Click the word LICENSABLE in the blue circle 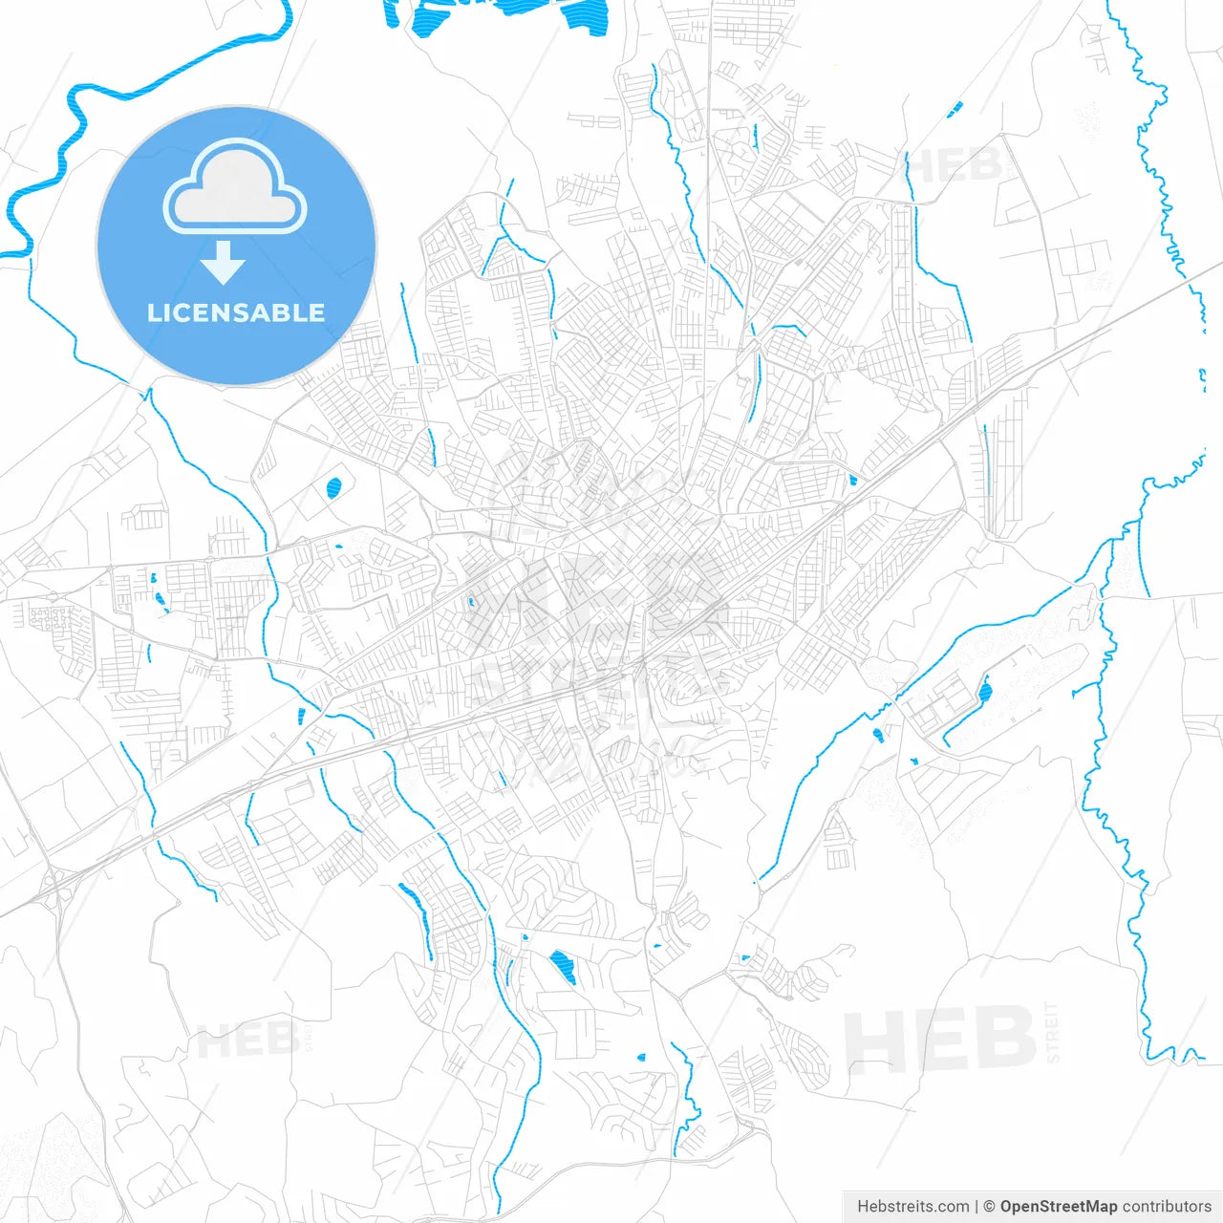tap(236, 312)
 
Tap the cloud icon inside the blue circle tap(234, 187)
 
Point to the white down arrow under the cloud tap(224, 263)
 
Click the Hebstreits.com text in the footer tap(912, 1207)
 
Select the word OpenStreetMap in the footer tap(1058, 1207)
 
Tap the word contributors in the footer tap(1167, 1207)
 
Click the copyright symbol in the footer tap(989, 1207)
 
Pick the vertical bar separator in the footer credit tap(976, 1207)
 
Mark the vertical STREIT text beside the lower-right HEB tap(1052, 1032)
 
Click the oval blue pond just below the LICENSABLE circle tap(333, 488)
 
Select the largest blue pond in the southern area tap(563, 967)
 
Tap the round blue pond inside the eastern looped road tap(984, 690)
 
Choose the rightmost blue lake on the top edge tap(585, 17)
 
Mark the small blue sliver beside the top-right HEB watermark tap(955, 110)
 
